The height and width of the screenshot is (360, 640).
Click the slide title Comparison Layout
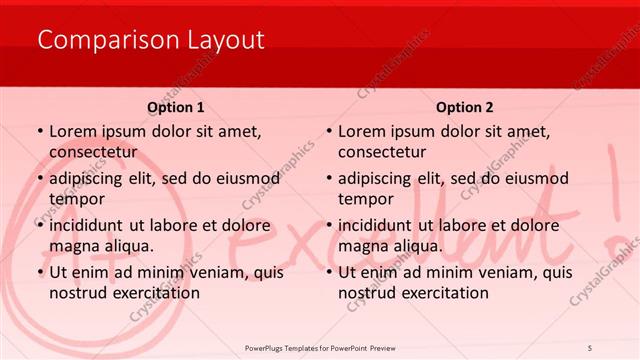pyautogui.click(x=150, y=40)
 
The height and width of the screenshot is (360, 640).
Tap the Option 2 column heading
pyautogui.click(x=465, y=107)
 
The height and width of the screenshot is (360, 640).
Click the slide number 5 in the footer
pyautogui.click(x=590, y=348)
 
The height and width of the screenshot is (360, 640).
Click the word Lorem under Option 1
pyautogui.click(x=73, y=131)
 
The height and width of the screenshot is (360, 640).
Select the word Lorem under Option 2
pyautogui.click(x=362, y=131)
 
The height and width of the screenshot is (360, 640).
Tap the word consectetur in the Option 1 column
pyautogui.click(x=91, y=152)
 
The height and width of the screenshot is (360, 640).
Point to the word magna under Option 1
pyautogui.click(x=73, y=246)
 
